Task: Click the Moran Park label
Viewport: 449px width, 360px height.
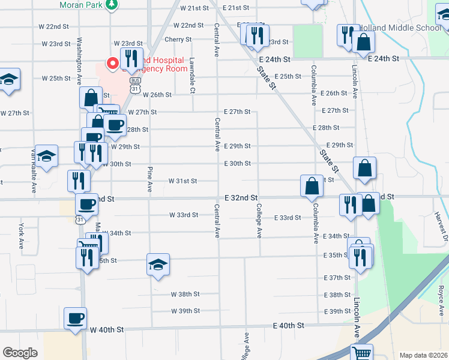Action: pyautogui.click(x=80, y=5)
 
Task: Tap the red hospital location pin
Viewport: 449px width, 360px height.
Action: pyautogui.click(x=112, y=63)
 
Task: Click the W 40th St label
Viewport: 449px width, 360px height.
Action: pyautogui.click(x=107, y=329)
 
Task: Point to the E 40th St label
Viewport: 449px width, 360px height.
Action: pyautogui.click(x=289, y=325)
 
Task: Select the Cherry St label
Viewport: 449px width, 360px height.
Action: pyautogui.click(x=178, y=40)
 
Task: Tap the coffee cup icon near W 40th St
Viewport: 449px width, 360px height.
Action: pyautogui.click(x=76, y=318)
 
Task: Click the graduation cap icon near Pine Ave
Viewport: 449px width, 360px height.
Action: pyautogui.click(x=158, y=264)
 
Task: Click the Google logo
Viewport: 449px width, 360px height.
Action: pyautogui.click(x=20, y=353)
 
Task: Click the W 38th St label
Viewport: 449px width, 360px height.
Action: pyautogui.click(x=185, y=295)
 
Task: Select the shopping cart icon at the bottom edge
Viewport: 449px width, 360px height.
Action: pyautogui.click(x=361, y=353)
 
